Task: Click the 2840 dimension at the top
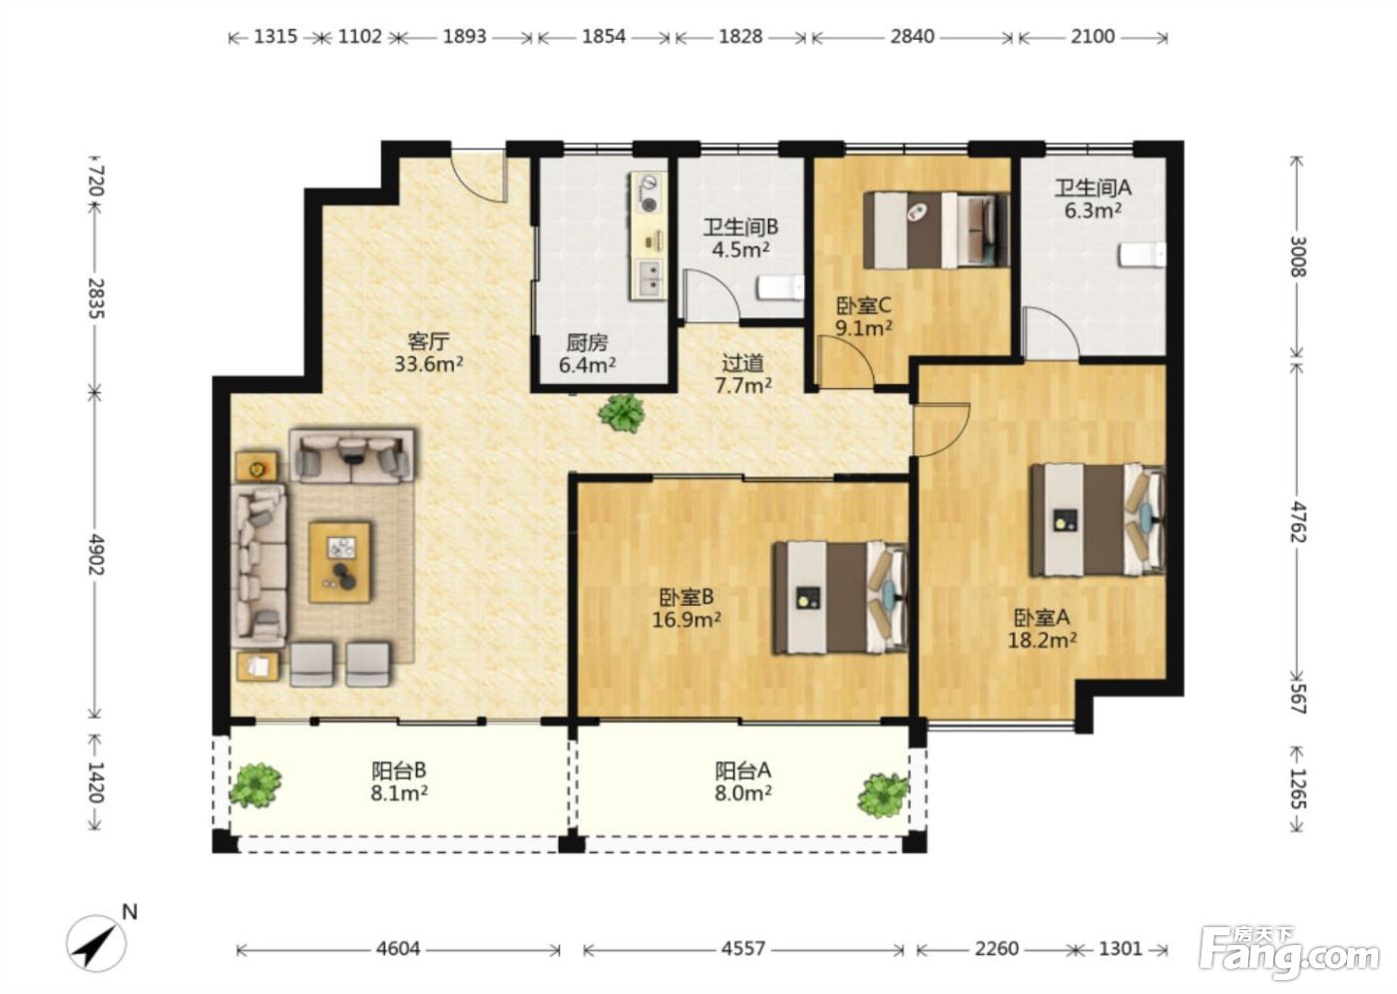[x=912, y=37]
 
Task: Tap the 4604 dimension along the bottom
[x=398, y=948]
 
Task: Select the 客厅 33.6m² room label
[x=428, y=352]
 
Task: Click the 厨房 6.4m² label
[x=587, y=354]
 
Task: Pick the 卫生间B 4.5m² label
[x=740, y=239]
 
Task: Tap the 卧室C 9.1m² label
[x=864, y=316]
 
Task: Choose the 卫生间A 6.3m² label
[x=1093, y=199]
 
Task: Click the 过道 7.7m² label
[x=742, y=374]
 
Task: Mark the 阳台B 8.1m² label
[x=399, y=782]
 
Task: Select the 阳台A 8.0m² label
[x=742, y=782]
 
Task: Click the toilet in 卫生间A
[x=1142, y=255]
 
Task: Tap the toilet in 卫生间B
[x=780, y=288]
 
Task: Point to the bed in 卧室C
[x=936, y=231]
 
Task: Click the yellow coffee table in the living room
[x=340, y=563]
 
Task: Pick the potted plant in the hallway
[x=621, y=412]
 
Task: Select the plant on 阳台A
[x=882, y=795]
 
